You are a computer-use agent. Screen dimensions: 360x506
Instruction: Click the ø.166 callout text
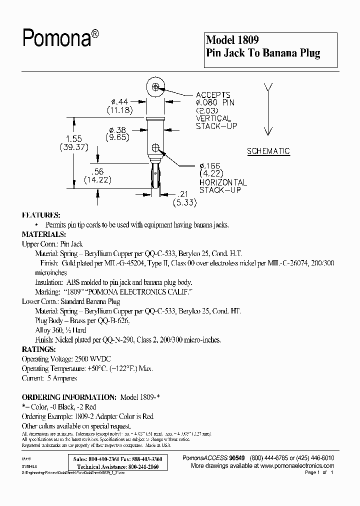point(209,166)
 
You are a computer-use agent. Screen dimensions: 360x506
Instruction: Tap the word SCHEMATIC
point(268,151)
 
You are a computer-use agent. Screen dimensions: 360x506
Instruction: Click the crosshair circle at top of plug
point(156,87)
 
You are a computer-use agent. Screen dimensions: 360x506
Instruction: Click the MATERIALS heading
point(43,234)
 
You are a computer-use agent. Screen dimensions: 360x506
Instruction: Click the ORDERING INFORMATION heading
point(69,397)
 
